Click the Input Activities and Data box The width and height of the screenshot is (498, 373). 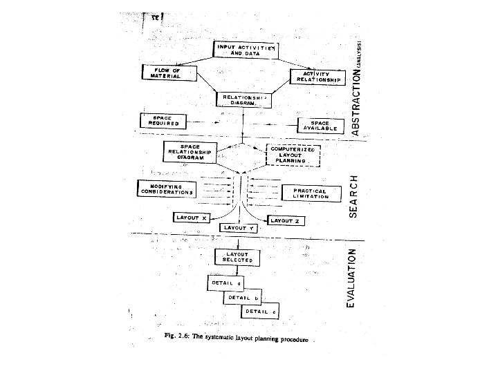click(x=246, y=50)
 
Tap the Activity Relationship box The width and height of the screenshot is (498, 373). click(x=317, y=77)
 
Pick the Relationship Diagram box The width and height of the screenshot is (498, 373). click(x=241, y=101)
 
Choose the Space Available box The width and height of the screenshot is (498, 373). click(x=319, y=126)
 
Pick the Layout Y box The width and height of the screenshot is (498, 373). click(x=239, y=227)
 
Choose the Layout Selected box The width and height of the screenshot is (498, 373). click(x=239, y=257)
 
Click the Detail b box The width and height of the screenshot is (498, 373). click(x=243, y=298)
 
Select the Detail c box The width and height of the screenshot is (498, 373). click(x=260, y=312)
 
